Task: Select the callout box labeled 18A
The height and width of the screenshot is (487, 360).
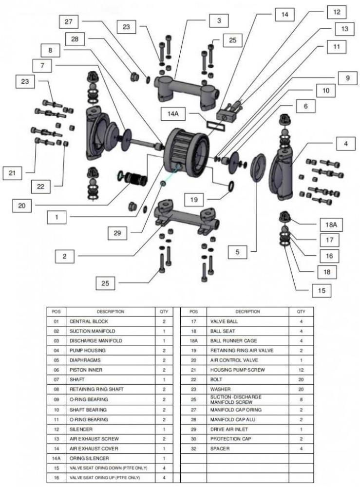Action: (x=331, y=225)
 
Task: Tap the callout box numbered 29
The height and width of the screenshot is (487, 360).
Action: (x=117, y=233)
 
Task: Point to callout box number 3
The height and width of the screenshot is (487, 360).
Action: (x=219, y=20)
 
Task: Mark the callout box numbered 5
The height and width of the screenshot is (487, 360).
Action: (x=238, y=252)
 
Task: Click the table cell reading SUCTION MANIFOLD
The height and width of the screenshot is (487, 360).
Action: (x=93, y=331)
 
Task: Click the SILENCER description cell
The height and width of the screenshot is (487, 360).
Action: (x=81, y=429)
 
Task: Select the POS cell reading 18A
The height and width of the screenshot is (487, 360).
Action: (x=193, y=341)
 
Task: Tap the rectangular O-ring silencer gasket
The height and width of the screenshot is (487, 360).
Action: (x=213, y=125)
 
